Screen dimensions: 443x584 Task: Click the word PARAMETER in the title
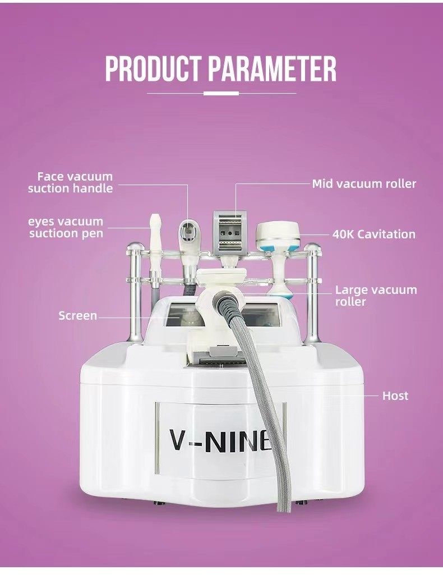coord(272,69)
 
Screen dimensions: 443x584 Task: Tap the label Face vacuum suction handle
coord(70,182)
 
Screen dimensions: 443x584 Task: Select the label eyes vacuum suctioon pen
coord(66,227)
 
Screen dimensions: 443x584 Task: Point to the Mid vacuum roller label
coord(364,183)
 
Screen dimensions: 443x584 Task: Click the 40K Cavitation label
coord(374,234)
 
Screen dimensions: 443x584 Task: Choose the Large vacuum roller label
coord(376,295)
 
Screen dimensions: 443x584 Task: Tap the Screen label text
coord(77,316)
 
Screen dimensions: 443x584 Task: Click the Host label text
coord(395,396)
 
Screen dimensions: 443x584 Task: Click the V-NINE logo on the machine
coord(220,440)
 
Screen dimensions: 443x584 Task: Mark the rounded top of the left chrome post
coord(134,246)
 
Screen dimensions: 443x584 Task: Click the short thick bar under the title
coord(221,93)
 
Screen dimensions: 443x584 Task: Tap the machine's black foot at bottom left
coord(160,503)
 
